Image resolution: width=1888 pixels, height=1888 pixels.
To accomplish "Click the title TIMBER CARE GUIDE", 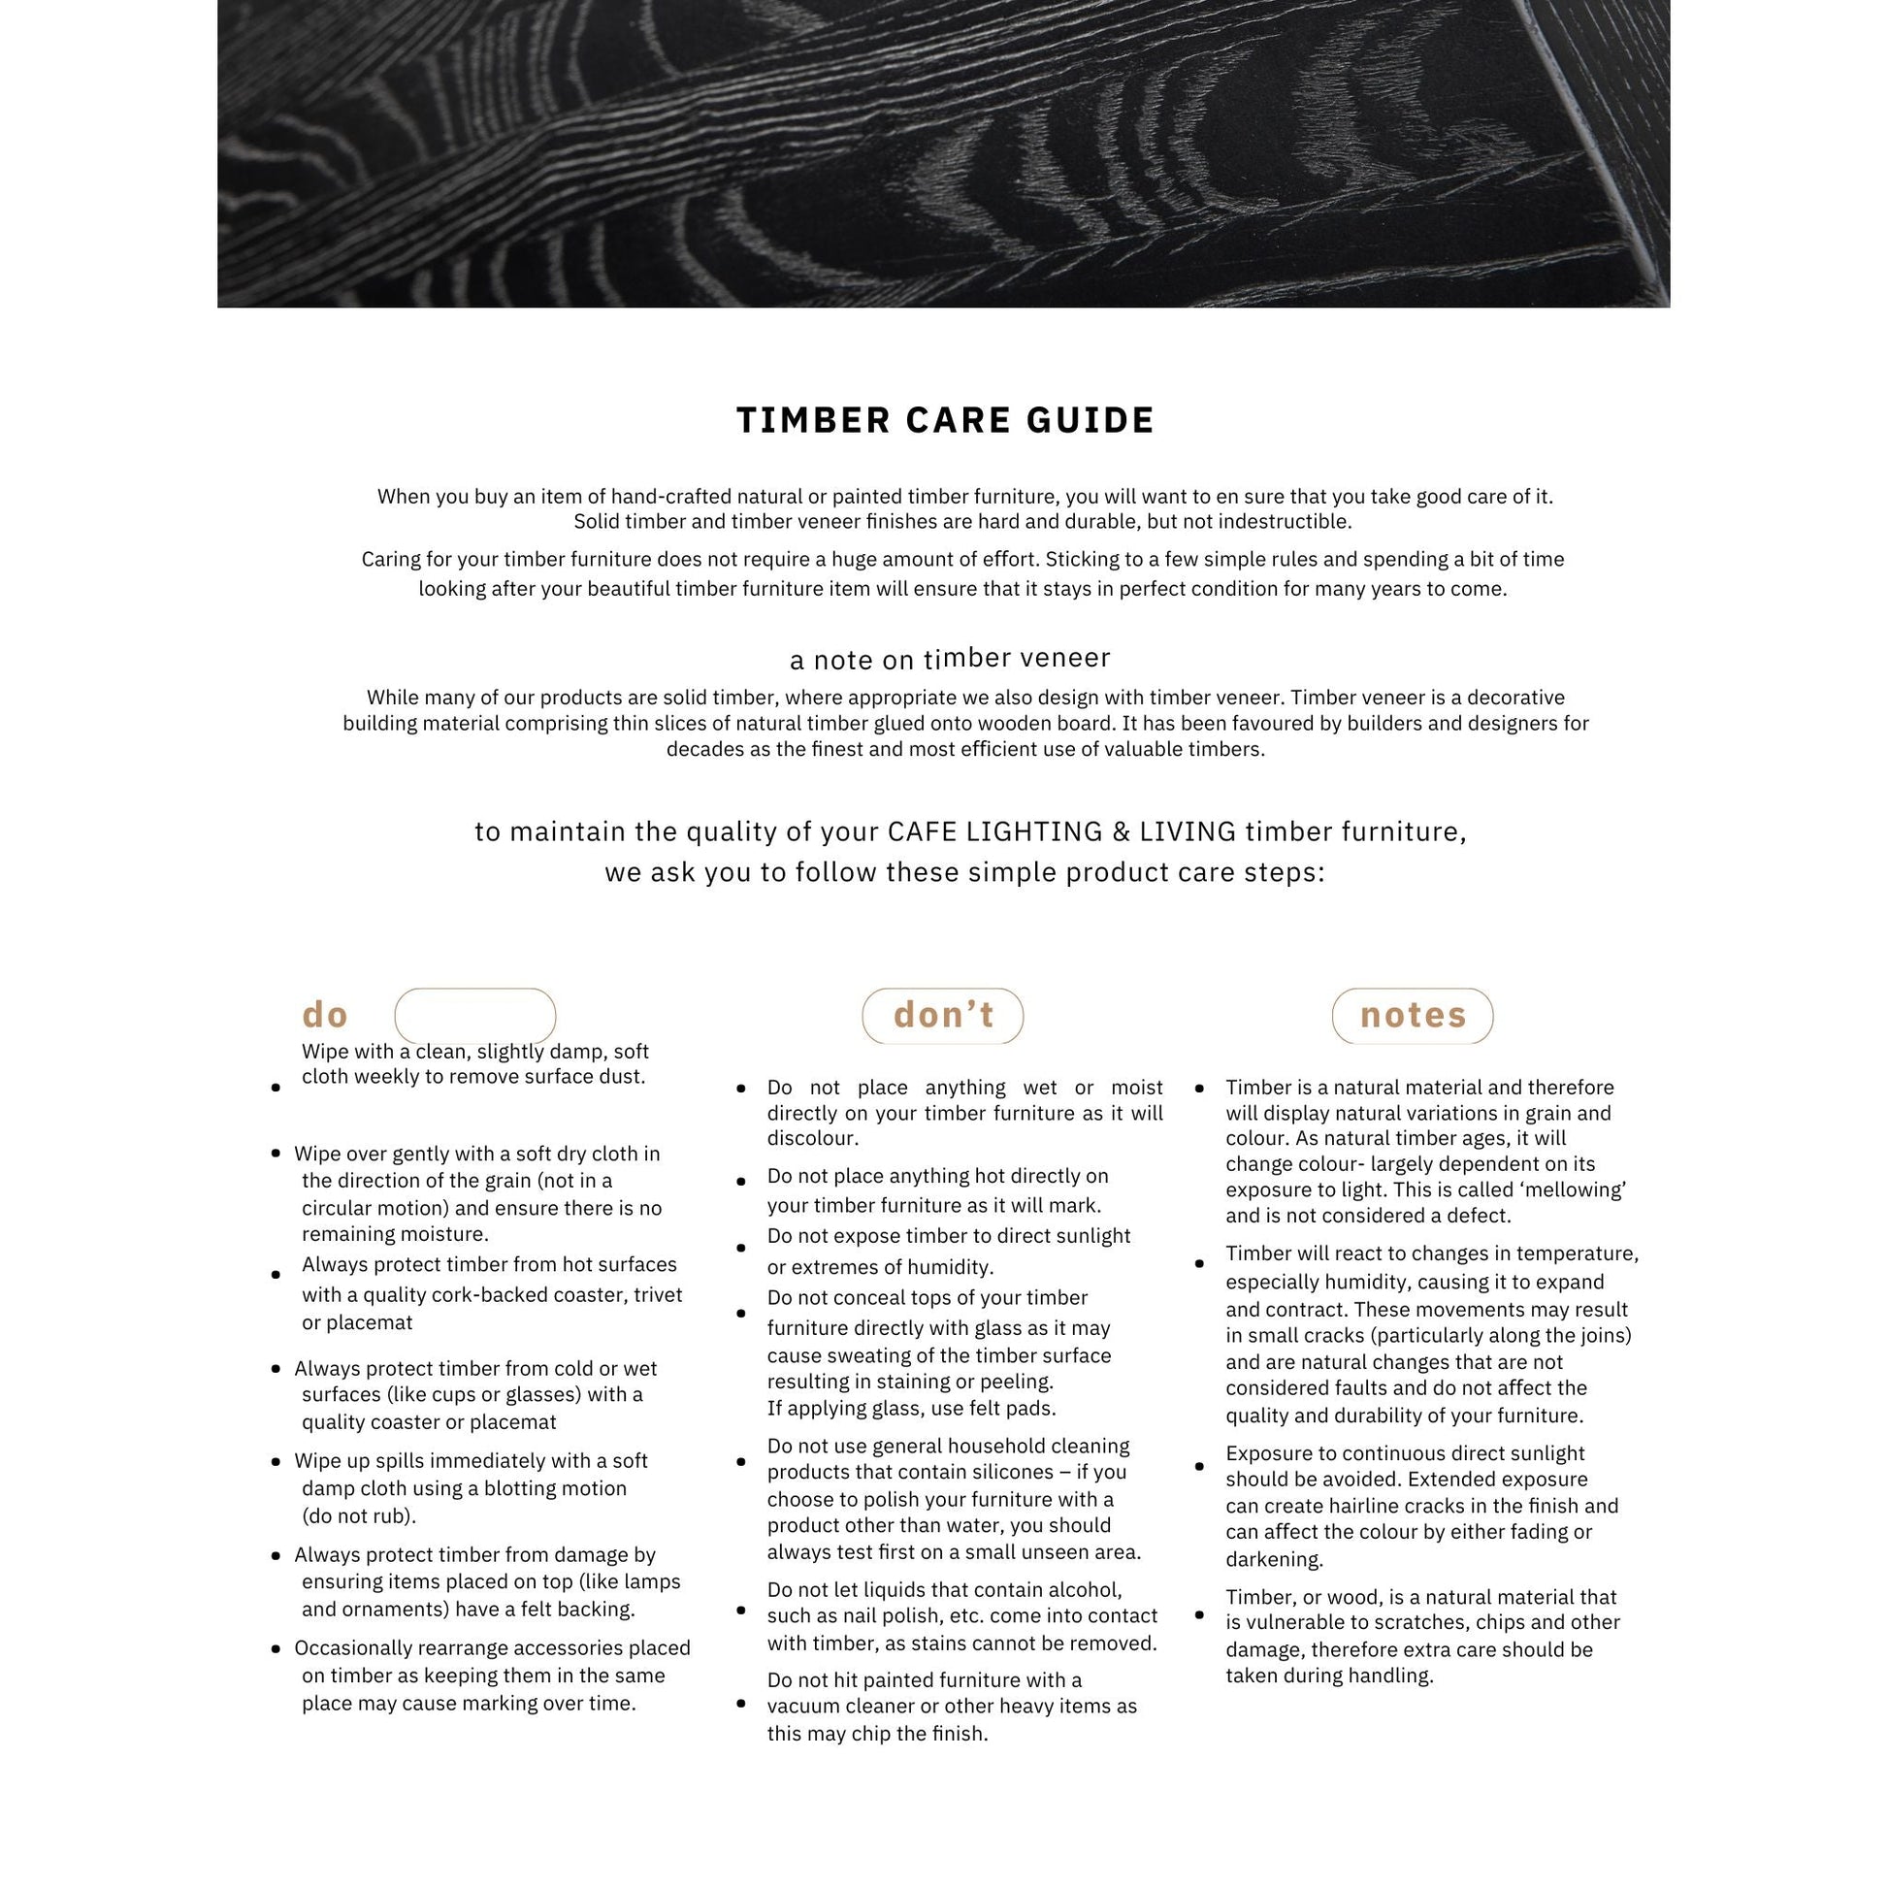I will pyautogui.click(x=945, y=420).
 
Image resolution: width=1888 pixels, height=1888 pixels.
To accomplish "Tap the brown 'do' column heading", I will pyautogui.click(x=325, y=1015).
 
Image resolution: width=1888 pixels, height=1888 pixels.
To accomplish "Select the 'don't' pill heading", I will pyautogui.click(x=943, y=1016).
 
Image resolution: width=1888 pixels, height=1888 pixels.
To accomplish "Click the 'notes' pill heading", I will pyautogui.click(x=1412, y=1016).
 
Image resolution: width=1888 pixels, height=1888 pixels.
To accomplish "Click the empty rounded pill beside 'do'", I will pyautogui.click(x=475, y=1016).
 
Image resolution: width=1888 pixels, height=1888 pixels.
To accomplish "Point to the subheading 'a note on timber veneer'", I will pyautogui.click(x=949, y=660).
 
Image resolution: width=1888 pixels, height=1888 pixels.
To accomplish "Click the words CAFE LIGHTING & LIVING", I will pyautogui.click(x=1062, y=831).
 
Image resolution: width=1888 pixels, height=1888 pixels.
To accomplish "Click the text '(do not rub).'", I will pyautogui.click(x=359, y=1515).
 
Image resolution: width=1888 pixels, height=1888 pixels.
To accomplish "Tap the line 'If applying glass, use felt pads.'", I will pyautogui.click(x=912, y=1408).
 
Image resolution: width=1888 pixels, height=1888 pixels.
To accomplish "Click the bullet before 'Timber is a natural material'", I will pyautogui.click(x=1200, y=1088).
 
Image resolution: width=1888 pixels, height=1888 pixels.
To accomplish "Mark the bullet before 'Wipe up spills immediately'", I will pyautogui.click(x=277, y=1462).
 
